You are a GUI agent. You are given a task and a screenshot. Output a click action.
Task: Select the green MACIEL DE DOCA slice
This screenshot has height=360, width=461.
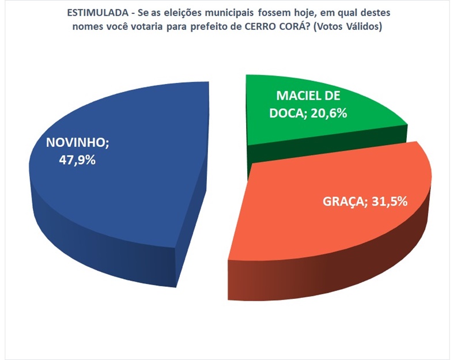pyautogui.click(x=323, y=124)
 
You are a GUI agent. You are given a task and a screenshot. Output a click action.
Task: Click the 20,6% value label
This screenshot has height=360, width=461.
pyautogui.click(x=327, y=113)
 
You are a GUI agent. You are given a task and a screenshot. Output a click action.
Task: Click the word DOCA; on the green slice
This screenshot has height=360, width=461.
pyautogui.click(x=287, y=113)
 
